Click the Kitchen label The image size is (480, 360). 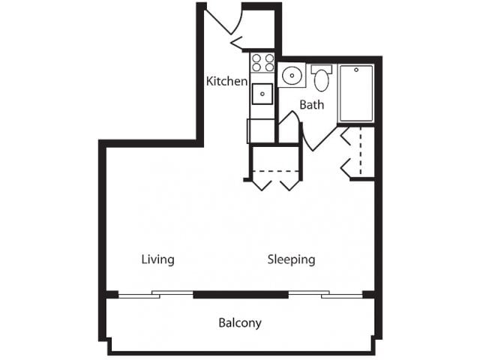pos(226,81)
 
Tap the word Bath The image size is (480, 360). pos(312,105)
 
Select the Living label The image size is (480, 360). pos(157,259)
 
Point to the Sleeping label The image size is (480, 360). pos(291,259)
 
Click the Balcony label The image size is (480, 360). pos(240,323)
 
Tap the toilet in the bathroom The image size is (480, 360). pos(322,78)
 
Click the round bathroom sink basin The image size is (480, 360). pos(292,75)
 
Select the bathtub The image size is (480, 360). pos(356,93)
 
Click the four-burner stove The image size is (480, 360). pos(262,63)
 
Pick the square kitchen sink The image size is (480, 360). pos(262,94)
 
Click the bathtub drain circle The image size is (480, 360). pos(356,70)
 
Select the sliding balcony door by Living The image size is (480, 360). pos(156,295)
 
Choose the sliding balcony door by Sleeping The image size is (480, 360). pos(325,295)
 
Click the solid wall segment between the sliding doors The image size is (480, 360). pos(241,295)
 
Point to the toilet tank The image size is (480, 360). pos(322,69)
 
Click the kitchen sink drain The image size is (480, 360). pos(262,94)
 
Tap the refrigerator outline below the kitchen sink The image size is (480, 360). pos(261,131)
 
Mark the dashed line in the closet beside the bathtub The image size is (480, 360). pos(361,151)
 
